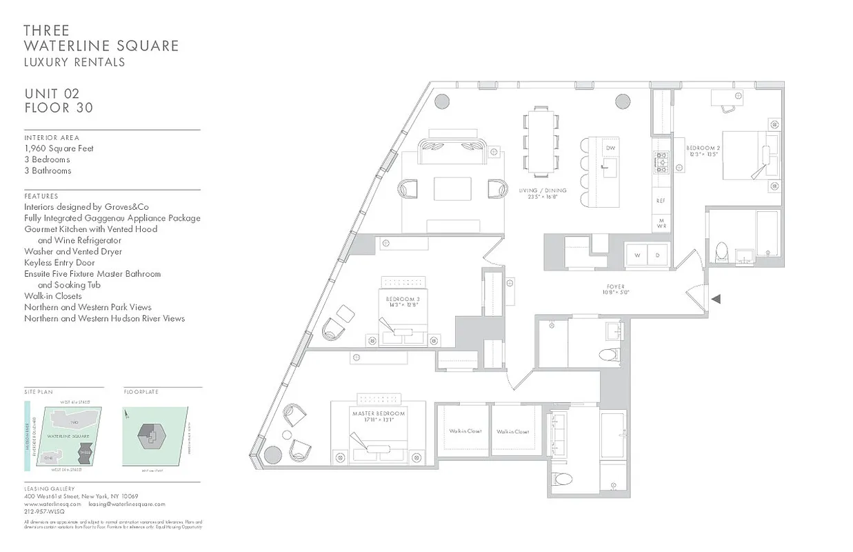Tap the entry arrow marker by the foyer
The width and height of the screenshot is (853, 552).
tap(716, 299)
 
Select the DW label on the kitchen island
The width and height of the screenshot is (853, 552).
tap(610, 148)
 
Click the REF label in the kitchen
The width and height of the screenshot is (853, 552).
tap(661, 201)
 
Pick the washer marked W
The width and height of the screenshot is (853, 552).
tap(637, 255)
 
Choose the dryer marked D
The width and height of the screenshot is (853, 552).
tap(657, 255)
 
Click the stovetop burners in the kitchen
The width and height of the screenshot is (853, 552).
tap(660, 162)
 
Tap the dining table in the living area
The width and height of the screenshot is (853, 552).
tap(541, 141)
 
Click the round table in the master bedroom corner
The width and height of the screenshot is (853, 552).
tap(272, 455)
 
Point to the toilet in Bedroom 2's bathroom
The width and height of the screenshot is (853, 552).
tap(722, 252)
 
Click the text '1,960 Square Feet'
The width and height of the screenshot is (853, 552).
tap(59, 148)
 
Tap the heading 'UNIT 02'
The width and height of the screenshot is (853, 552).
tap(52, 94)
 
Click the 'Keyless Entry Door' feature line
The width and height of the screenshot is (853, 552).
tap(59, 263)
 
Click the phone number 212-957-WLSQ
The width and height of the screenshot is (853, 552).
tap(44, 513)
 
